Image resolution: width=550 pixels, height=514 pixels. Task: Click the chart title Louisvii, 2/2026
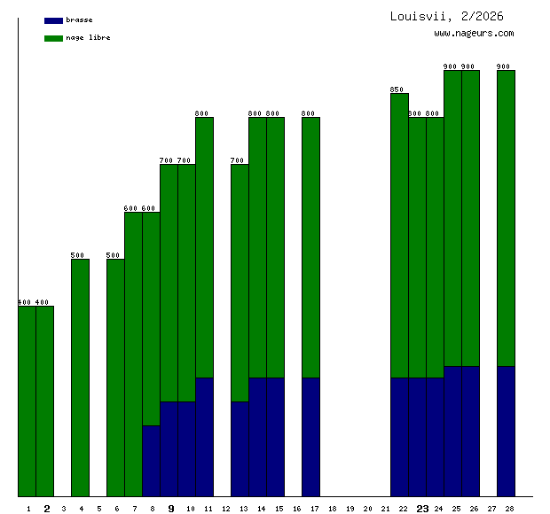click(x=446, y=16)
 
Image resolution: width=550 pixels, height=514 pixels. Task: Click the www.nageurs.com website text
click(x=474, y=34)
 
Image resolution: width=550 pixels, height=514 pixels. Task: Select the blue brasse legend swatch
click(x=53, y=19)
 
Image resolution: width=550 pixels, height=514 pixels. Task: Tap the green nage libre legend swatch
click(x=53, y=38)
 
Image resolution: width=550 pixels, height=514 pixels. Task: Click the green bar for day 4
click(x=80, y=377)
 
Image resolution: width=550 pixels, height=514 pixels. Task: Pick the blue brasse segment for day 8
click(x=151, y=461)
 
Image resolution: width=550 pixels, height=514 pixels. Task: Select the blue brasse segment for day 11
click(x=204, y=437)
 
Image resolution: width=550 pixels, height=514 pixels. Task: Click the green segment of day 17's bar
click(x=310, y=248)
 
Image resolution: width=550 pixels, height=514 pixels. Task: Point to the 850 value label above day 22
click(x=397, y=90)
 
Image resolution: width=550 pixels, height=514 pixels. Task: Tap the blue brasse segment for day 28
click(x=506, y=431)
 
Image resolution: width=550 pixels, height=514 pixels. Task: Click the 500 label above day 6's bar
click(x=114, y=255)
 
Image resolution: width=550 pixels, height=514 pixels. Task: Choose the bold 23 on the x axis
click(x=423, y=509)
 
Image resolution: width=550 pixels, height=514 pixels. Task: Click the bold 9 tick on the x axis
click(x=171, y=509)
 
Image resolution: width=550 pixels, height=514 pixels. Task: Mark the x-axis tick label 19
click(x=350, y=509)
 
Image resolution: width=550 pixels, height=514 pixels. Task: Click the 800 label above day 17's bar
click(x=309, y=113)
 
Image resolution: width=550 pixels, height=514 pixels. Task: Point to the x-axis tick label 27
click(x=491, y=509)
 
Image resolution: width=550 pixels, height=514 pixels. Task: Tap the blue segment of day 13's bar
click(x=240, y=448)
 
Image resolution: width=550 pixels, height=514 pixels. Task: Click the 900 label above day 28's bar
click(x=504, y=66)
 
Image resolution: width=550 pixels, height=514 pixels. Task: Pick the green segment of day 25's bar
click(x=452, y=217)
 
